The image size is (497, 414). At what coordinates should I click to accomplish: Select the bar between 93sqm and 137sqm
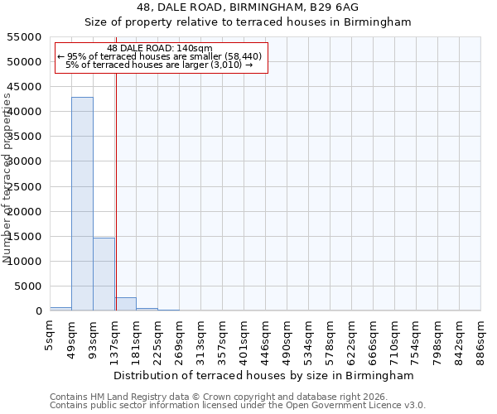click(104, 274)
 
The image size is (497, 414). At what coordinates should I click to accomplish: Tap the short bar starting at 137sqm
click(125, 304)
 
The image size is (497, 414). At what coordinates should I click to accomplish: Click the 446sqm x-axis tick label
click(266, 339)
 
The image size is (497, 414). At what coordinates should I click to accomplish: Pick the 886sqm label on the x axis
click(481, 339)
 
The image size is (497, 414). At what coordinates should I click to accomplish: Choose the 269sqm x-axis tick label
click(180, 339)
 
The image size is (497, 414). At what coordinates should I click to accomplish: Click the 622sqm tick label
click(352, 339)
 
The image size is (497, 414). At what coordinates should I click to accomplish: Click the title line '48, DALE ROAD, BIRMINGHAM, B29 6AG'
click(248, 7)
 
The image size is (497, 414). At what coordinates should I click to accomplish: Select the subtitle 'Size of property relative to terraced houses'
click(248, 22)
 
